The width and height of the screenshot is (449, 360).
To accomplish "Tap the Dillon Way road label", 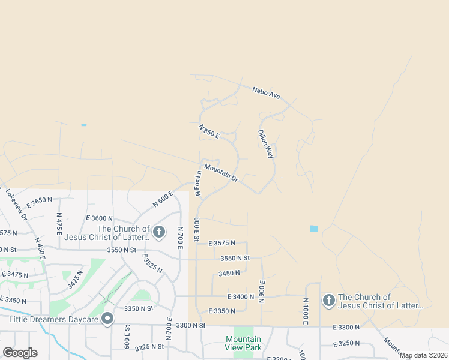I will coord(265,144).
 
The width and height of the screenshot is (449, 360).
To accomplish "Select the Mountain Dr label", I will coord(221,173).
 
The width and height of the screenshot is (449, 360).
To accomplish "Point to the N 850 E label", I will coord(209,131).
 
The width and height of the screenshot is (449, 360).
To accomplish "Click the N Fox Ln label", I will coord(197,183).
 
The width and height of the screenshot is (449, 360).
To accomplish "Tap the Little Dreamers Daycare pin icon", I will coord(108,319).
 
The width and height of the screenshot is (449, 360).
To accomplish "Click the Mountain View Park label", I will coord(243,343).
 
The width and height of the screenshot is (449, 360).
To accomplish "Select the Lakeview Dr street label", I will coord(16,204).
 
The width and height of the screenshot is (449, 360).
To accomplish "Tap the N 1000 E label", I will coord(306,312).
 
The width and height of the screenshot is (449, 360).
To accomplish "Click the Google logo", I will coord(20,352).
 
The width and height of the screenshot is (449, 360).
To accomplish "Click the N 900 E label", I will coord(262,292).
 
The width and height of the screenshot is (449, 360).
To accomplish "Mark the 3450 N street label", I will coord(229,273).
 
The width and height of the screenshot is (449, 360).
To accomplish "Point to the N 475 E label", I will coord(59,224).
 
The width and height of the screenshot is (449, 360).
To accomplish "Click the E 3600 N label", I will coord(100,218).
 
